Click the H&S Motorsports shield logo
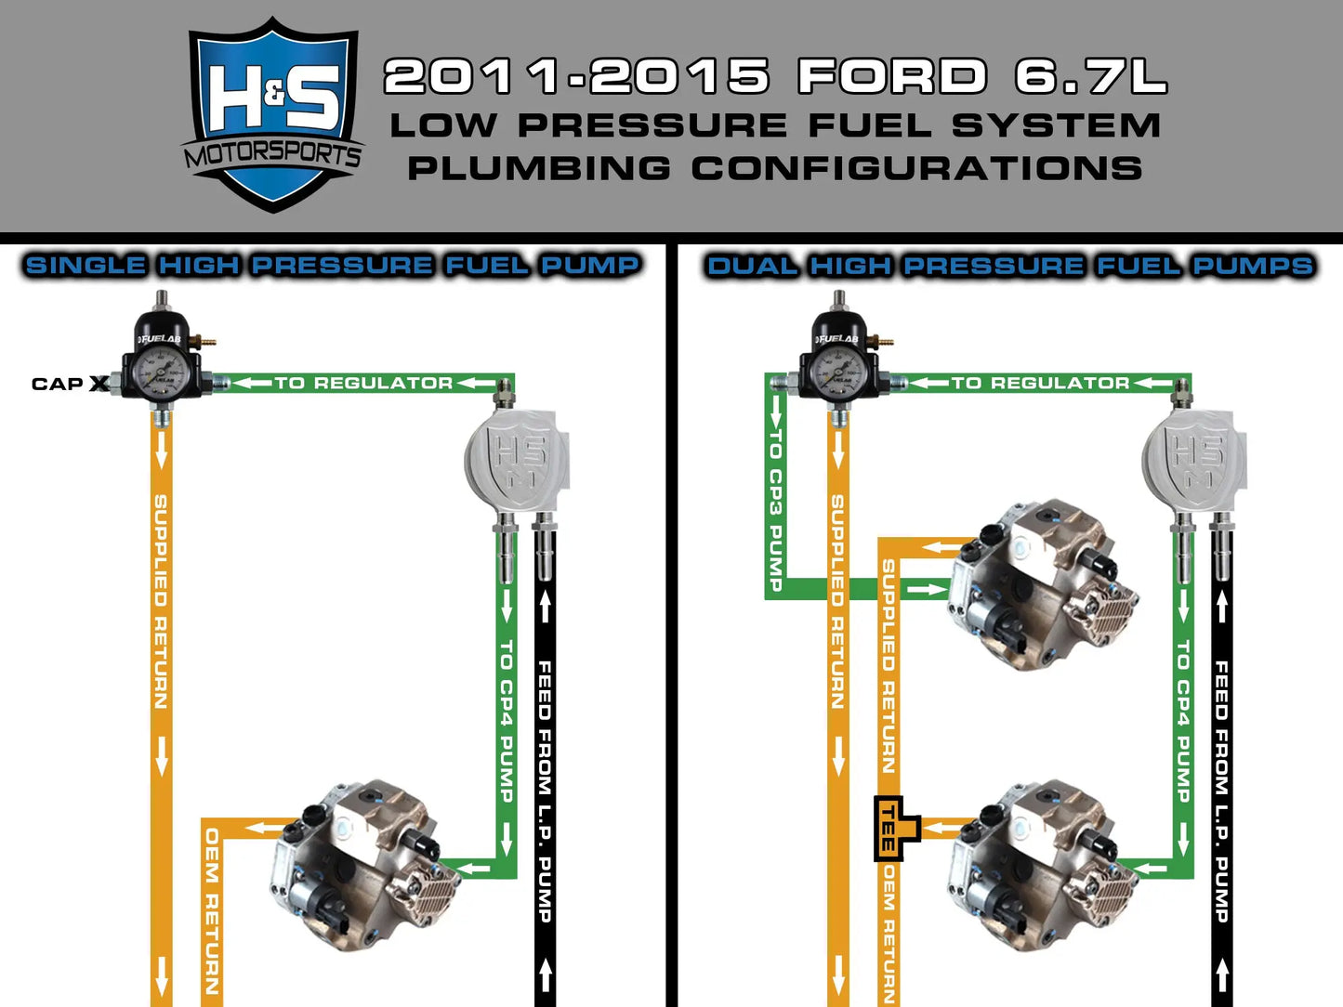[x=273, y=115]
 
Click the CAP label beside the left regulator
[x=58, y=384]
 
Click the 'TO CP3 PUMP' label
[x=775, y=511]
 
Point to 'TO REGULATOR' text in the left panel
[x=363, y=383]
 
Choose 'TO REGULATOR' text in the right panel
[x=1040, y=383]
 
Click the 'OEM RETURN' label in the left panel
[x=212, y=910]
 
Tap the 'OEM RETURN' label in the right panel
[x=889, y=934]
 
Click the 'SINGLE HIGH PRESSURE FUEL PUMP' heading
[x=332, y=266]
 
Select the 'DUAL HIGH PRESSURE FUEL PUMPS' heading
[x=1009, y=266]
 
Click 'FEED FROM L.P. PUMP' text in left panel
[x=545, y=790]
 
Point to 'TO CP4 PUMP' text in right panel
[x=1182, y=720]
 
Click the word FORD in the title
[x=892, y=76]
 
